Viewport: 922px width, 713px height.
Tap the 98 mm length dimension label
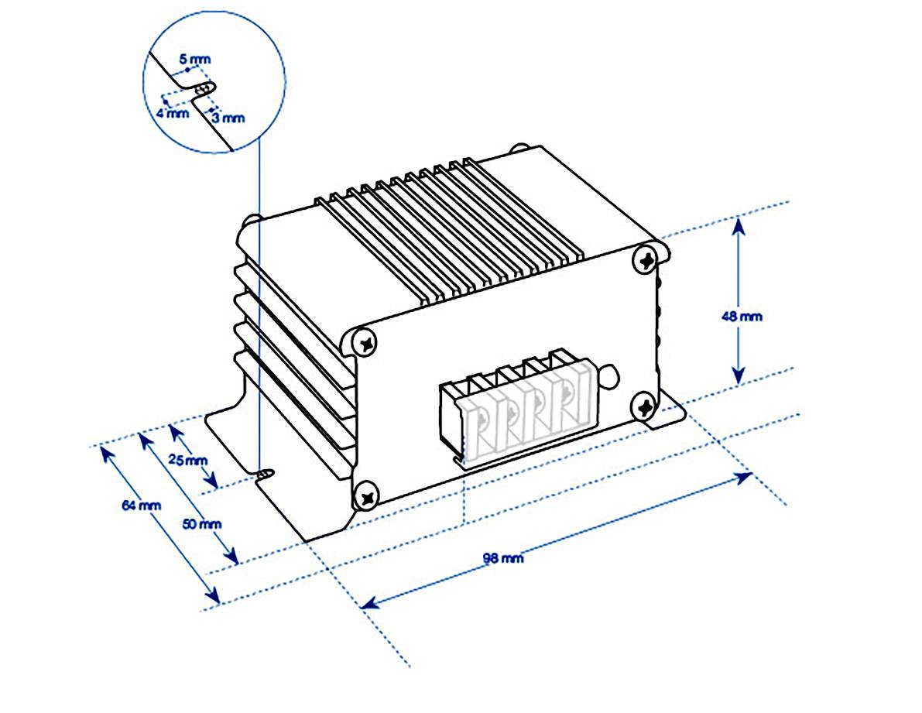tap(502, 557)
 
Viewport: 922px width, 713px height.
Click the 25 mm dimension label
tap(188, 460)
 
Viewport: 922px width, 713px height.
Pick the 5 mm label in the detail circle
tap(194, 59)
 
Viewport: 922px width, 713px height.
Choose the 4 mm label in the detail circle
tap(171, 113)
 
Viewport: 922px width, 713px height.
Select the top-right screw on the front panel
tap(645, 260)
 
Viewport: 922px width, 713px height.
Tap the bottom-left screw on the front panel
tap(367, 493)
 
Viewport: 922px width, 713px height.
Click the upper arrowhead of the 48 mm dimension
tap(739, 225)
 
